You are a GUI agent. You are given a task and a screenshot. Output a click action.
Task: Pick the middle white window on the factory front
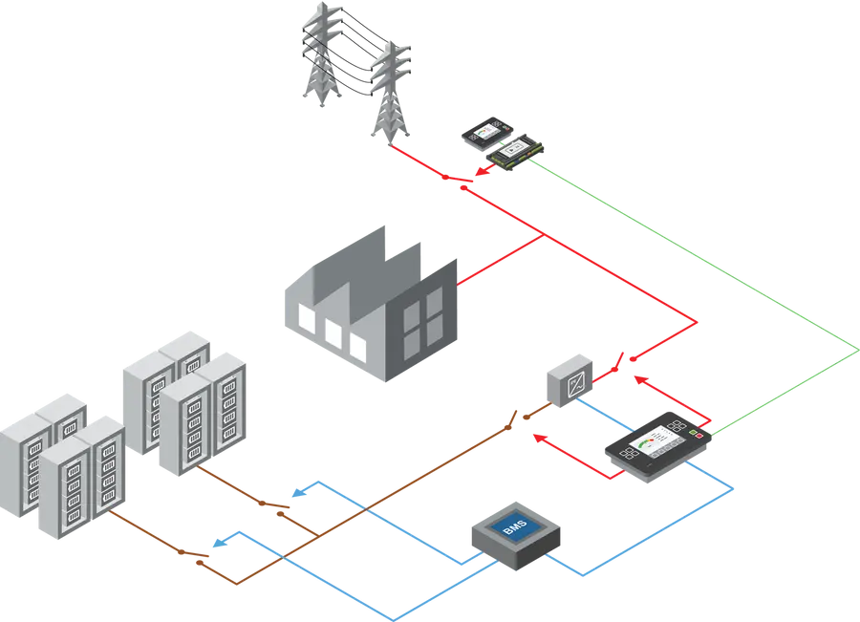tap(333, 331)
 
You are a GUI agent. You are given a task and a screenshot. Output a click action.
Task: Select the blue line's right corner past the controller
tap(734, 490)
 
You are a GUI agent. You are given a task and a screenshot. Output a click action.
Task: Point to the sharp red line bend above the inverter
tap(699, 322)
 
